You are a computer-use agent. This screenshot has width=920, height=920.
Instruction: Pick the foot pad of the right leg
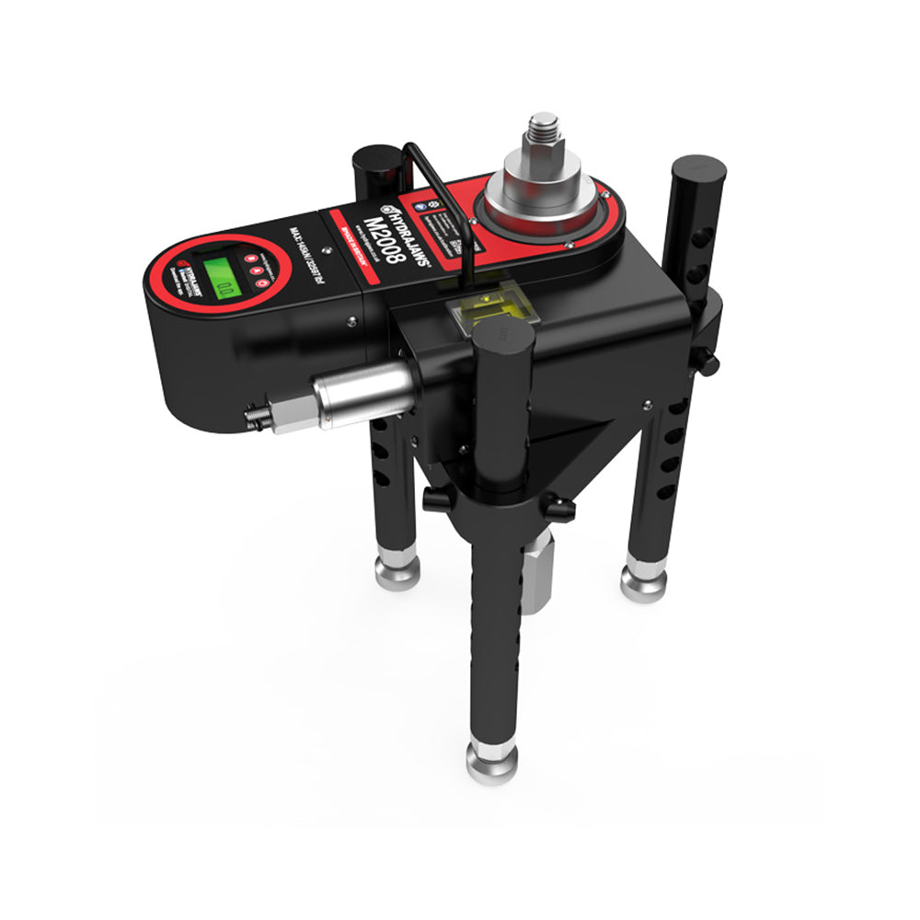click(x=643, y=581)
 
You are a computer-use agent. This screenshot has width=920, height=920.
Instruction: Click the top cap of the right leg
click(x=697, y=169)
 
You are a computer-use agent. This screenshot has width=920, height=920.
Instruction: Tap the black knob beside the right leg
click(x=707, y=363)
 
